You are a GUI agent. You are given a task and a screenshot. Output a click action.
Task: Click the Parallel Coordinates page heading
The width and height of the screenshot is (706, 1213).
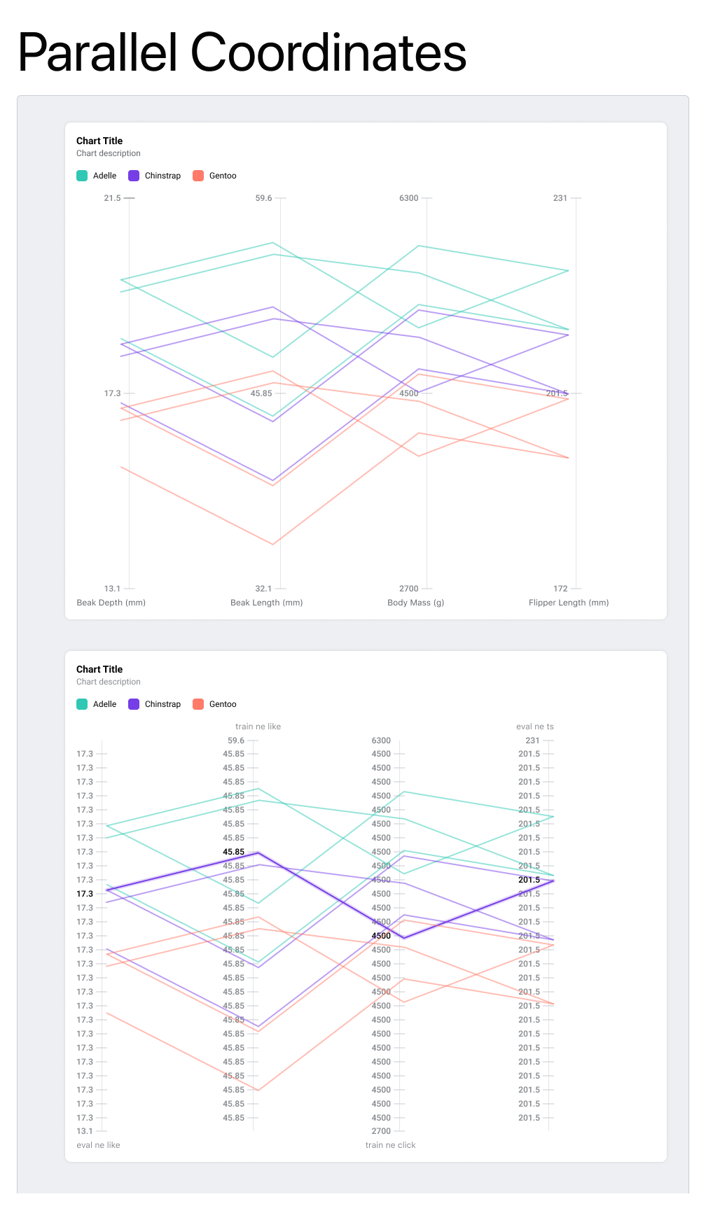click(x=242, y=52)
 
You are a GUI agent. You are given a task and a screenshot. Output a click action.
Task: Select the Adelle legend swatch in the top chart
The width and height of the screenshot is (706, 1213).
click(x=82, y=176)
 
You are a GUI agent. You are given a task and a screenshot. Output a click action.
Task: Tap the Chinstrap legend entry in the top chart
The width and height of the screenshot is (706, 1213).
click(x=155, y=176)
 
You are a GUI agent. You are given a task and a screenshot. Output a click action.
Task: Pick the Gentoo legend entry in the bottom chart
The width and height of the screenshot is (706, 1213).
click(x=215, y=704)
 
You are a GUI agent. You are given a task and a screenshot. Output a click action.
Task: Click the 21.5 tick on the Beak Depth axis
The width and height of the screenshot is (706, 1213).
click(x=112, y=198)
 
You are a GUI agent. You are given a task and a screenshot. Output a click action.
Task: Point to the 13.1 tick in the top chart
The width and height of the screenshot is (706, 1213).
click(x=112, y=589)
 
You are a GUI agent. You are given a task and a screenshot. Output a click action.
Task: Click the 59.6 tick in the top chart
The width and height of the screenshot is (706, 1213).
click(x=263, y=198)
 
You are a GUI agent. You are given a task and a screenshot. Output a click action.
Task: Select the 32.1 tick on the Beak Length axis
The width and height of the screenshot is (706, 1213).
click(x=263, y=589)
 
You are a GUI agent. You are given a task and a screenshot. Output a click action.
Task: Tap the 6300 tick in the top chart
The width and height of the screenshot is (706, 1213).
click(x=408, y=198)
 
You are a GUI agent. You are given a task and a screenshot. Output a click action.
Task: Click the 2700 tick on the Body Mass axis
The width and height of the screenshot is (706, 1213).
click(x=408, y=589)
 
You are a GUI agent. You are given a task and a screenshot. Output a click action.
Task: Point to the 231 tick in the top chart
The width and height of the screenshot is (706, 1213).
click(x=560, y=198)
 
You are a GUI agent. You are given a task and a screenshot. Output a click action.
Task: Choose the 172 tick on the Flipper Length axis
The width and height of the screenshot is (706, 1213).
click(x=560, y=589)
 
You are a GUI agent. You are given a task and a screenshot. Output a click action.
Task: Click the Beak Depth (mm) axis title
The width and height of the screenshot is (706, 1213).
click(x=111, y=603)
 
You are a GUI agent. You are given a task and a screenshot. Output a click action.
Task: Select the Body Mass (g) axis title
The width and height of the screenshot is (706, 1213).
click(x=415, y=603)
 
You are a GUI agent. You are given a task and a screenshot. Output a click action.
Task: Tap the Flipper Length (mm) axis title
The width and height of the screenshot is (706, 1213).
click(x=568, y=603)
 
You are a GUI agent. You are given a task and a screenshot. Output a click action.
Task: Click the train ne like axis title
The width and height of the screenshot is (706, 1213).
click(x=258, y=727)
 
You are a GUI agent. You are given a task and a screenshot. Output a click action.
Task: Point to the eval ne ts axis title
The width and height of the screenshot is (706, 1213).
click(x=534, y=727)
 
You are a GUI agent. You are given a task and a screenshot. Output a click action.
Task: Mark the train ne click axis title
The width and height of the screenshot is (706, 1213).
click(x=390, y=1145)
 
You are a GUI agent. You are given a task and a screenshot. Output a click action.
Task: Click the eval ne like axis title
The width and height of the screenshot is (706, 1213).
click(x=98, y=1145)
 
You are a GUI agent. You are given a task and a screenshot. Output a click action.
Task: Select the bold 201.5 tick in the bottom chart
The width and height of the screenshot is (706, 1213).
click(x=529, y=880)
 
